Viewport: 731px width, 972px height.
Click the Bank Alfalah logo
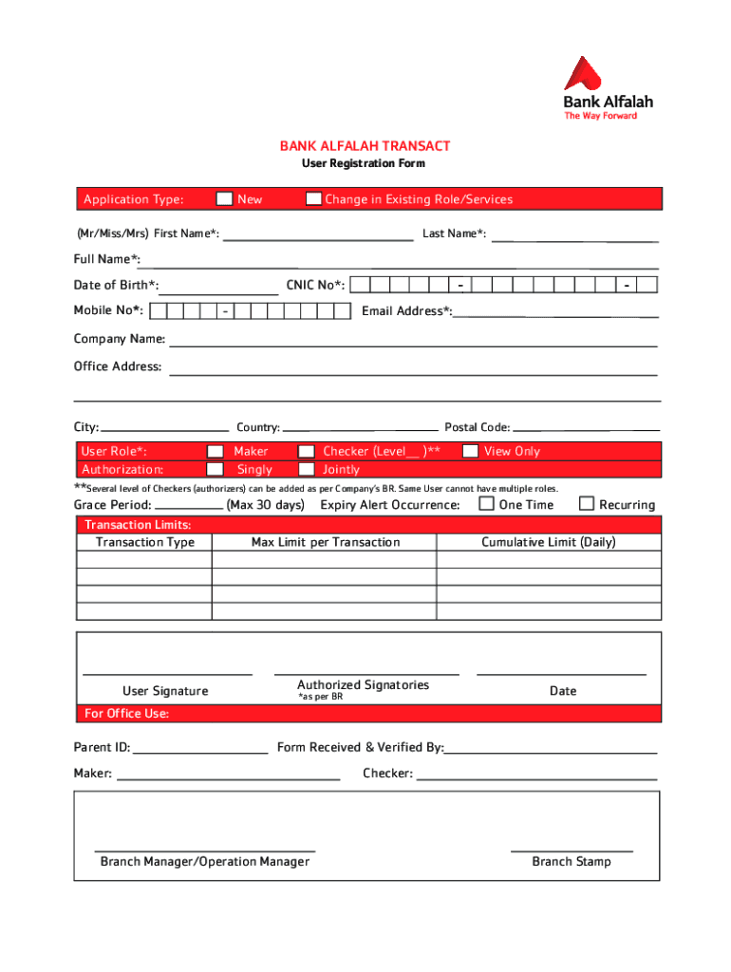coord(608,87)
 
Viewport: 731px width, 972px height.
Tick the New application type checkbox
coord(224,199)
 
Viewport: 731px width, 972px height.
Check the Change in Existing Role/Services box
coord(312,199)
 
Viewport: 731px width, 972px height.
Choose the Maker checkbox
coord(216,452)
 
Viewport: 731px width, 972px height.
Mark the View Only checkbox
coord(470,452)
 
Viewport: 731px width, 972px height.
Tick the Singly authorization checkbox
coord(216,469)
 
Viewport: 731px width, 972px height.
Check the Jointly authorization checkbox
coord(307,469)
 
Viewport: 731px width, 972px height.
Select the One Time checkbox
coord(487,503)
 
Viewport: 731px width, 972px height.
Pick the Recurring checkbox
coord(587,503)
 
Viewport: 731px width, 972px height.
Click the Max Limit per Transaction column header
coord(326,542)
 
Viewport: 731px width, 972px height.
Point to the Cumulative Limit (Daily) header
coord(549,542)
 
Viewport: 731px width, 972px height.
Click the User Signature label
coord(165,691)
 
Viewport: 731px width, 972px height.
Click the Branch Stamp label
coord(572,862)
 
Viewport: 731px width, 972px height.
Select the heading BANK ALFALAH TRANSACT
coord(365,146)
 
